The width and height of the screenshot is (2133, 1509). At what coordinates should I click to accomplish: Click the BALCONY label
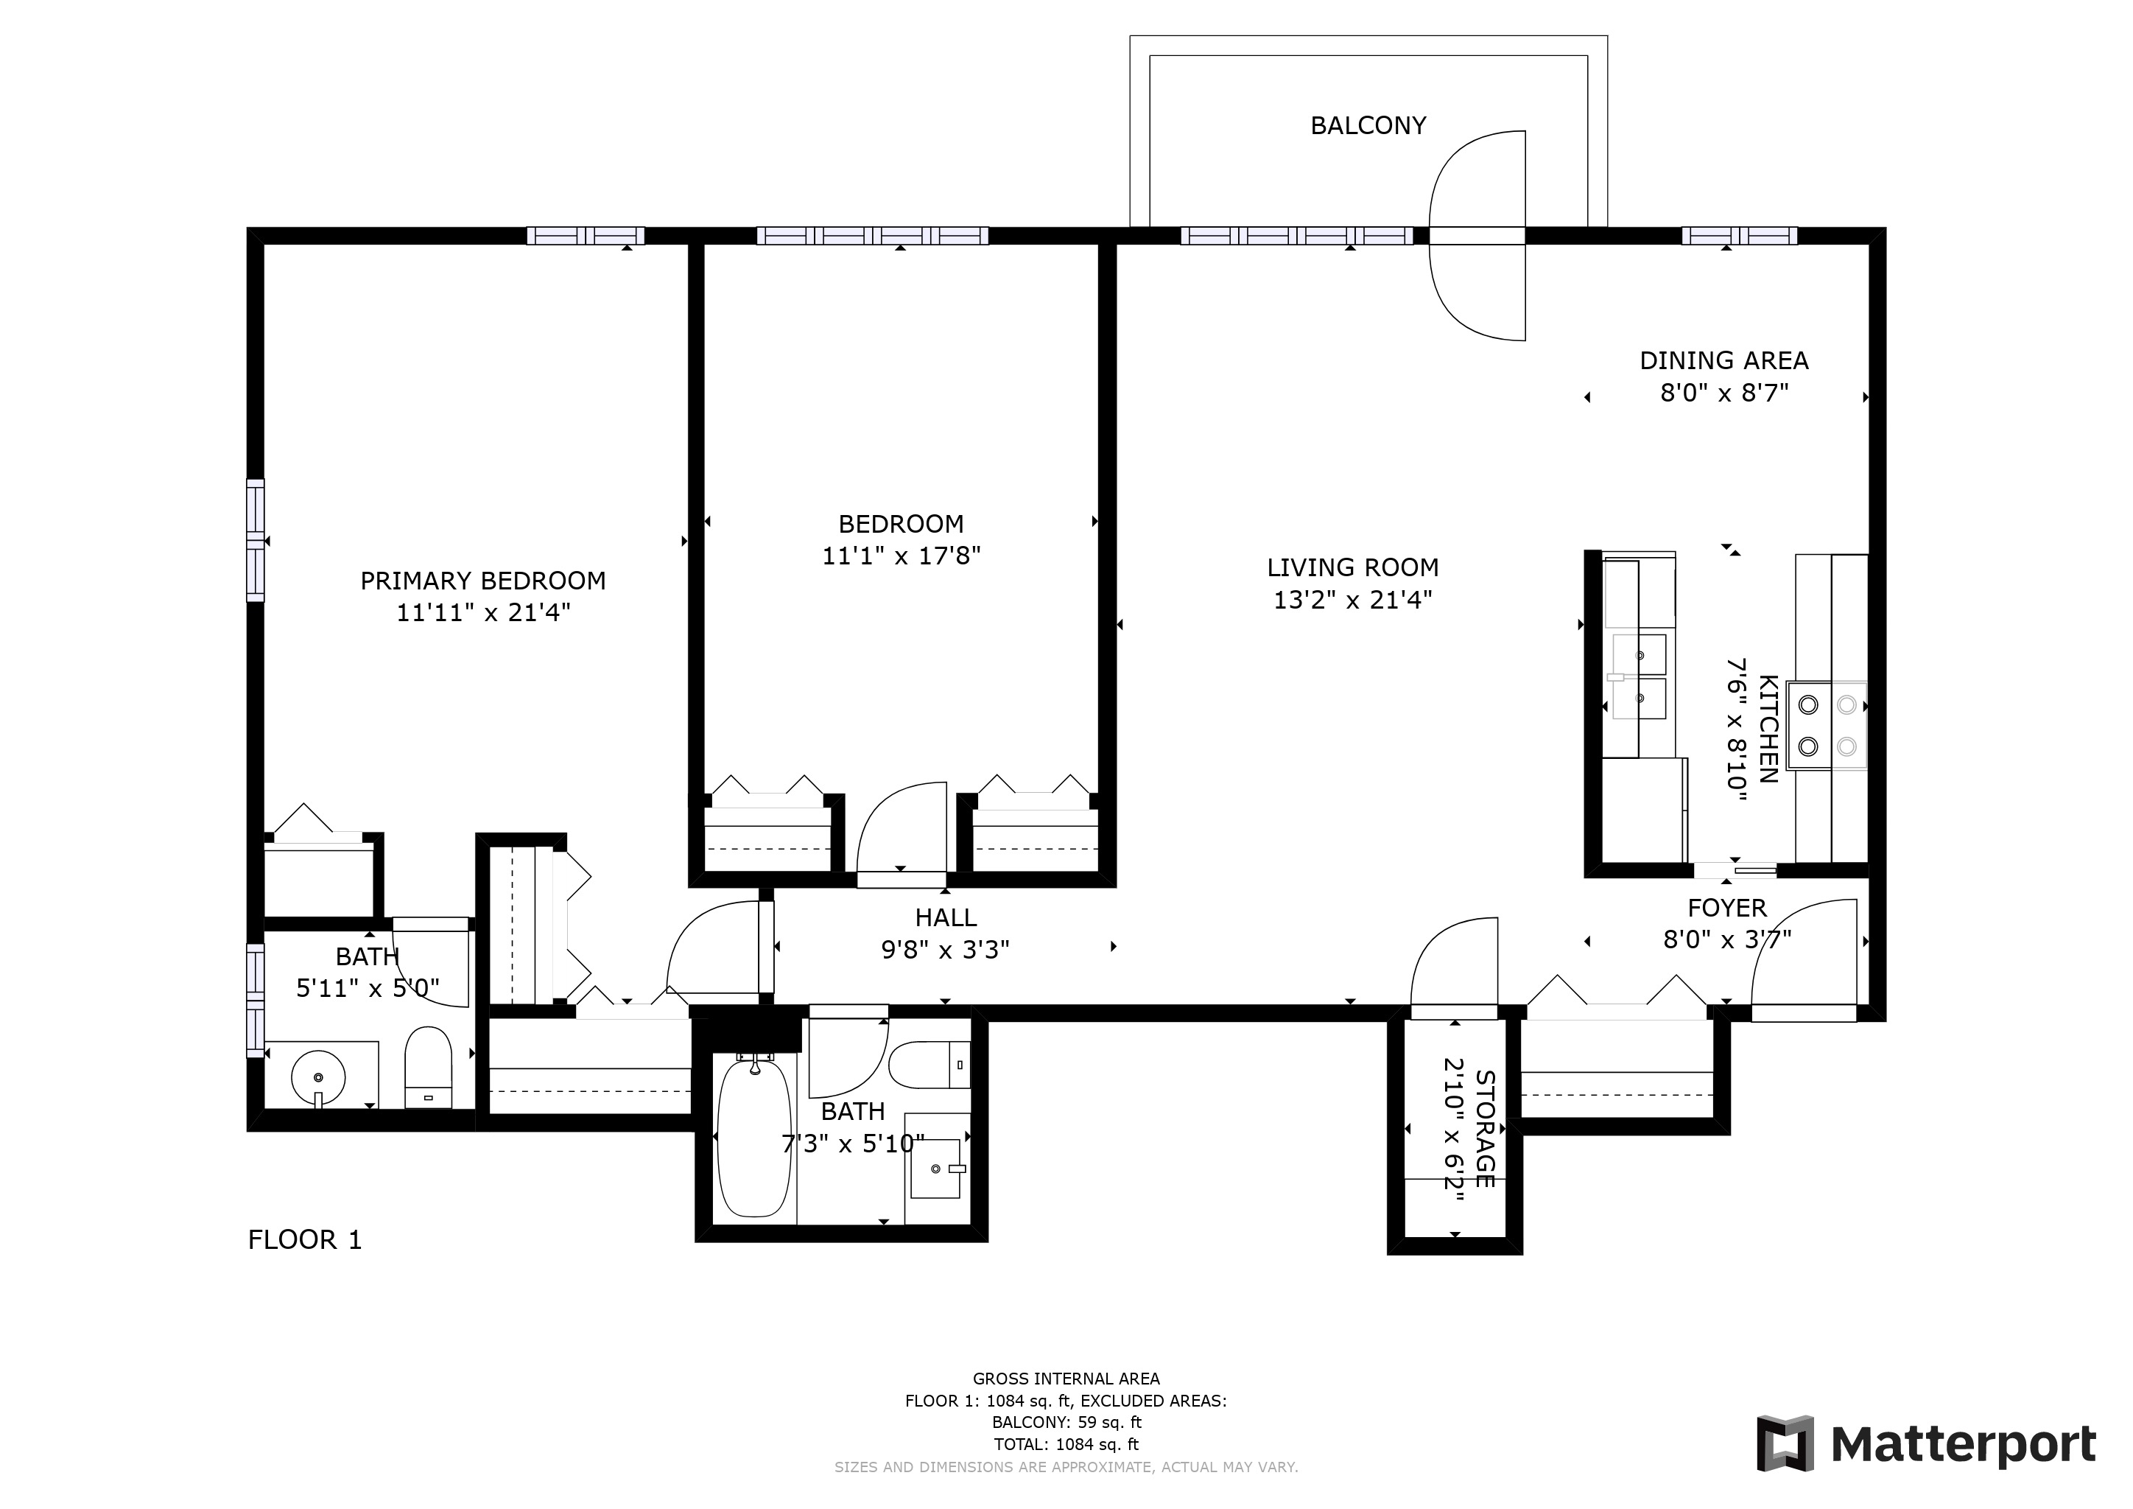[1368, 125]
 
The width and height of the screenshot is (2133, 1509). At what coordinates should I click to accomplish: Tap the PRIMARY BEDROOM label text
[483, 581]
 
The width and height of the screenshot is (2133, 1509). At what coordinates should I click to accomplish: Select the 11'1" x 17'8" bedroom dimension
[901, 556]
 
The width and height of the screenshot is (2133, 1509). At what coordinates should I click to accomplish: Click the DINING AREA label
[1723, 360]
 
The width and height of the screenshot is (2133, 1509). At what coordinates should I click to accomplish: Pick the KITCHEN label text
[1768, 729]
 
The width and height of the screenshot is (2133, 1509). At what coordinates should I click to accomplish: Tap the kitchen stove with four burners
[1827, 725]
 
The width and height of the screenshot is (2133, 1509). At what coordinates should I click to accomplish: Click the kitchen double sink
[1640, 676]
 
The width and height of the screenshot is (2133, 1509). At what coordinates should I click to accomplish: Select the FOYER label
[1727, 908]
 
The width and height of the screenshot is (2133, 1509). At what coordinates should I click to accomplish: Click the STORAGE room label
[1485, 1129]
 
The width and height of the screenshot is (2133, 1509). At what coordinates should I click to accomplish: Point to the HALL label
[946, 918]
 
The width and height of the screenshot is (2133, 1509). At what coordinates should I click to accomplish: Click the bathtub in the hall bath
[754, 1138]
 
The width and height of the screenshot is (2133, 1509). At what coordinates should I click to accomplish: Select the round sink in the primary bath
[319, 1078]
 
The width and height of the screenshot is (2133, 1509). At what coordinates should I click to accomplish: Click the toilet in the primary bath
[428, 1068]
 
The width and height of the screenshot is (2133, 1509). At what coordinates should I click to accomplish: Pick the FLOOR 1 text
[305, 1239]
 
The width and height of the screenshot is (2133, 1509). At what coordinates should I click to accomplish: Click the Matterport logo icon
[1785, 1444]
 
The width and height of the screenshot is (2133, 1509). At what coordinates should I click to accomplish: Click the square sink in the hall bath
[935, 1168]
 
